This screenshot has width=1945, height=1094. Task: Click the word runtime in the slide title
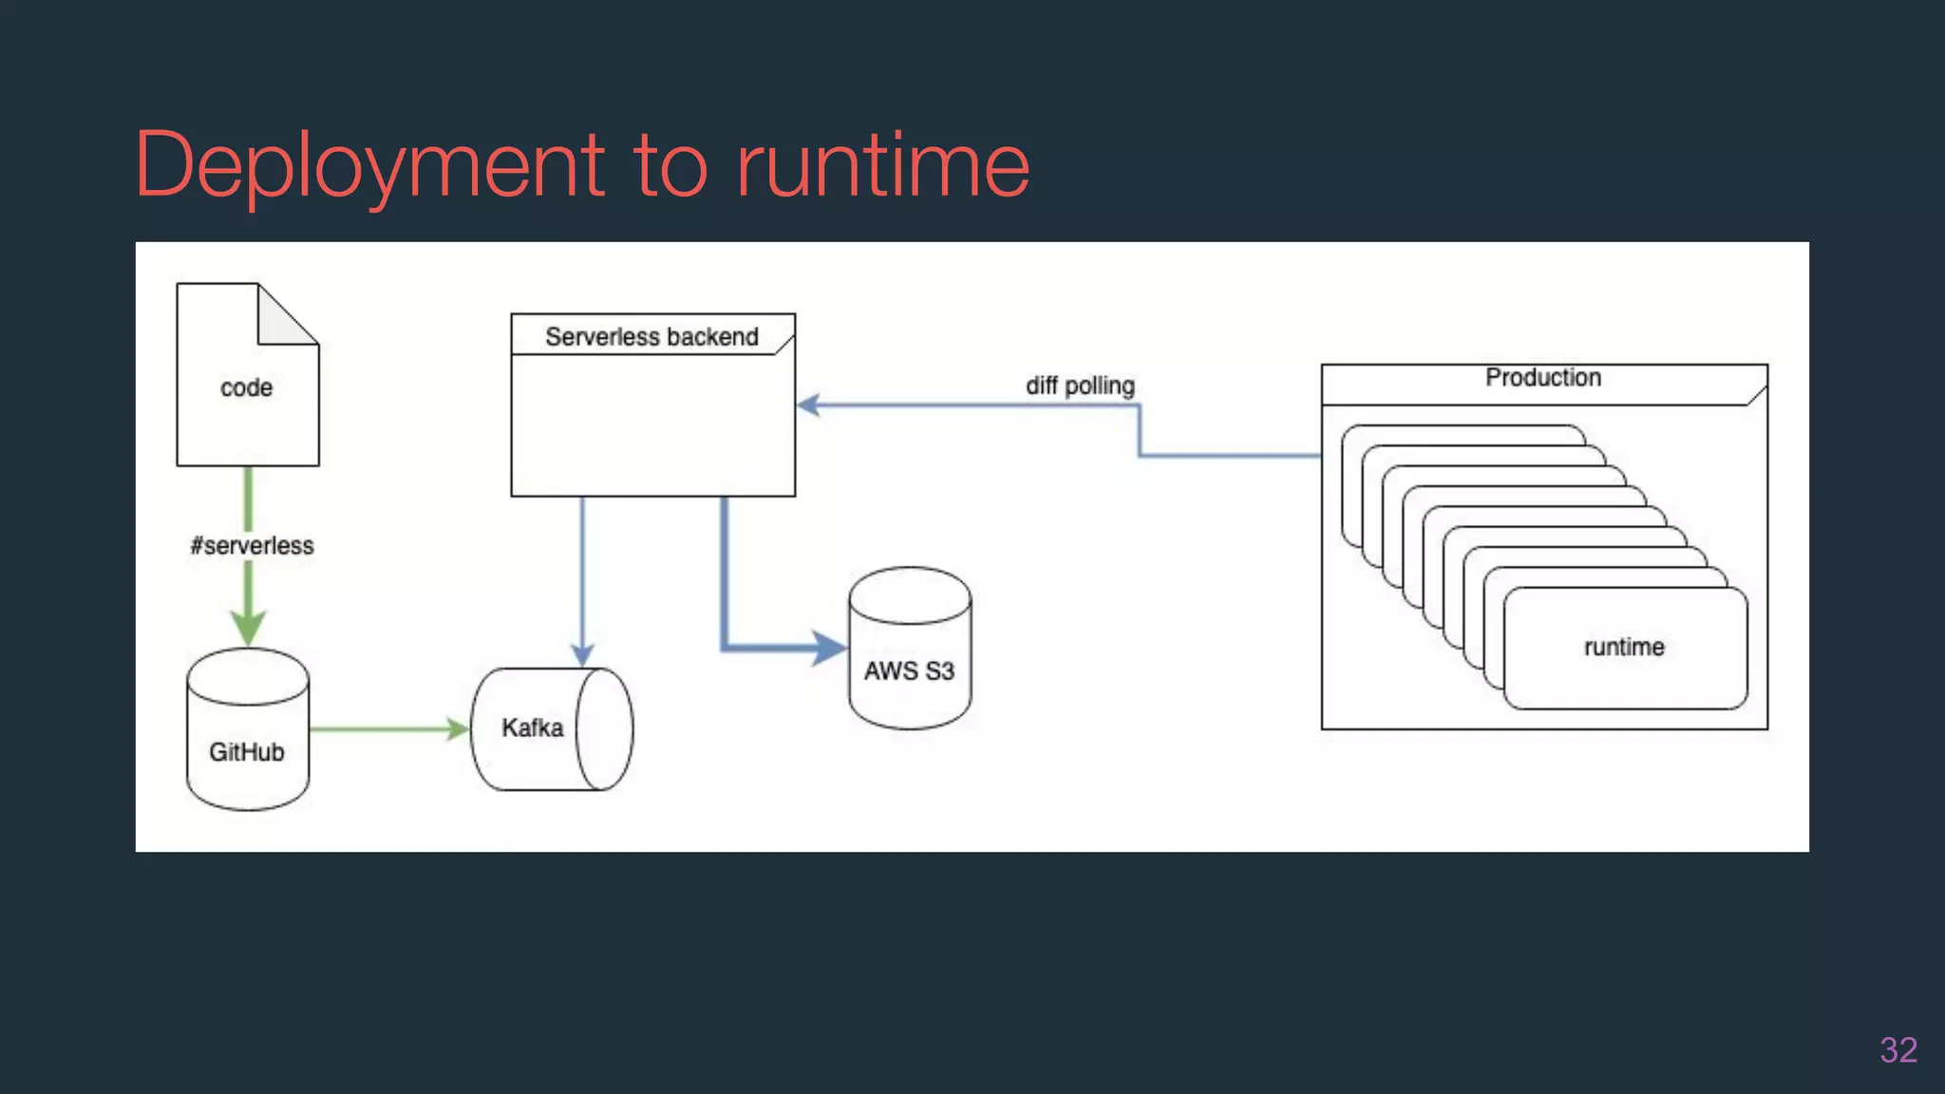pos(883,166)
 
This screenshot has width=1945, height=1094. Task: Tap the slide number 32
pos(1898,1050)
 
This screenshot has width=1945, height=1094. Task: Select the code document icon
pos(247,399)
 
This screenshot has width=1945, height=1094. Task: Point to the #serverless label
pos(252,546)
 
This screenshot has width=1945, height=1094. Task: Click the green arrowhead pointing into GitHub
pos(248,628)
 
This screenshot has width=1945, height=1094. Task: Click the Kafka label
pos(532,728)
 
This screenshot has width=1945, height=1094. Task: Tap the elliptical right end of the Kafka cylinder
pos(604,729)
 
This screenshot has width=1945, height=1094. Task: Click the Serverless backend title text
pos(651,337)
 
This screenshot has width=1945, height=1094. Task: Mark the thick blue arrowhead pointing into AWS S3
pos(828,649)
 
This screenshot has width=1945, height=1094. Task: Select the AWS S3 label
pos(909,671)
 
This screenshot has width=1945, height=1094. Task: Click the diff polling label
pos(1080,387)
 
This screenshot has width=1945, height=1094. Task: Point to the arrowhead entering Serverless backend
pos(808,406)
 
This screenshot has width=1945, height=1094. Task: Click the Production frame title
pos(1543,378)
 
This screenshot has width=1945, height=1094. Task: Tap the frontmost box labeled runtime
pos(1624,648)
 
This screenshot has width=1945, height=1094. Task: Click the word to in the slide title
pos(670,166)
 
